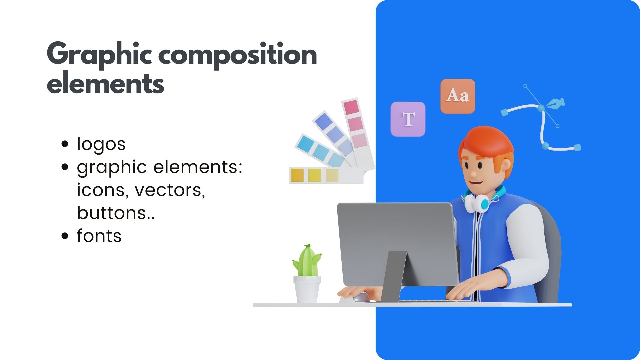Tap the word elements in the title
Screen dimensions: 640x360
point(105,83)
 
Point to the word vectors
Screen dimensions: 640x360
point(170,190)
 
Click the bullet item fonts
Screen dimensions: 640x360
point(99,236)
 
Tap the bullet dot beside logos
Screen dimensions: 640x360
point(65,144)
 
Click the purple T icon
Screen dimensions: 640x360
point(408,119)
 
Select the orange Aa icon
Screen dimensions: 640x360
point(458,96)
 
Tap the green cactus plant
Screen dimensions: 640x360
point(307,261)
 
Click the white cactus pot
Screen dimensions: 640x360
point(307,289)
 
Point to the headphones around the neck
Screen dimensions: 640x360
point(482,200)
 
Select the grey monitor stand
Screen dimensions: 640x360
point(394,276)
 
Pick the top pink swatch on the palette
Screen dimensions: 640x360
point(351,107)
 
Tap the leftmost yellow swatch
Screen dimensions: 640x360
point(297,175)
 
